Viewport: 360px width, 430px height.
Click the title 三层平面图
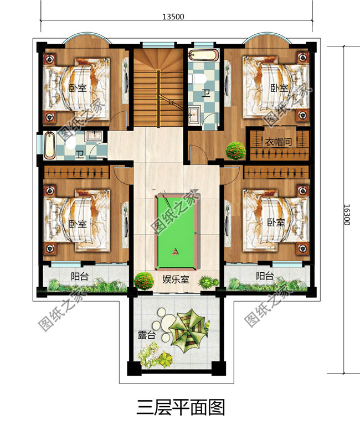click(180, 408)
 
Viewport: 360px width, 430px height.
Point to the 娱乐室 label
click(176, 280)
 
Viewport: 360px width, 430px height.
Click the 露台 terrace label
click(146, 335)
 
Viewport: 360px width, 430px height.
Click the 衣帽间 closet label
click(277, 143)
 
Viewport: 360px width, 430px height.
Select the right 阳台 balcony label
click(265, 275)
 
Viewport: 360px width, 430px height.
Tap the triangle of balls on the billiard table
click(176, 252)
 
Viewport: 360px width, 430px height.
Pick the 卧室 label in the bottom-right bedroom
click(275, 222)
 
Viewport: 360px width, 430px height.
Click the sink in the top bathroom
click(194, 115)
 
